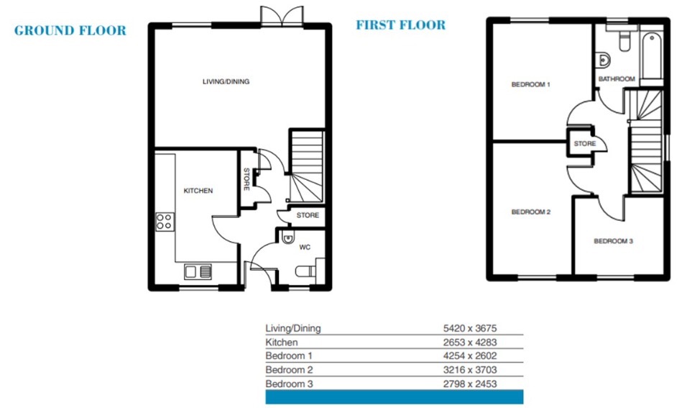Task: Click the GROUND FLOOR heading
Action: pyautogui.click(x=70, y=30)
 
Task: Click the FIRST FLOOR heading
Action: pyautogui.click(x=400, y=24)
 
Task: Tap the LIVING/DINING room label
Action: pyautogui.click(x=226, y=81)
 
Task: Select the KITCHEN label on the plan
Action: pyautogui.click(x=198, y=191)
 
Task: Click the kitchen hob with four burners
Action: pyautogui.click(x=165, y=221)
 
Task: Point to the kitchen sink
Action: pyautogui.click(x=198, y=272)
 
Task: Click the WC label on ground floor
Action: pyautogui.click(x=305, y=248)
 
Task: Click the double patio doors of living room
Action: pyautogui.click(x=282, y=16)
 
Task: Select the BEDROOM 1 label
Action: pyautogui.click(x=530, y=84)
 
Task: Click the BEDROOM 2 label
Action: pyautogui.click(x=530, y=212)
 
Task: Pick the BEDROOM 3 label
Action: pyautogui.click(x=613, y=241)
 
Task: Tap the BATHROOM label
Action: pyautogui.click(x=617, y=79)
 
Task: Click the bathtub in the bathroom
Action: pyautogui.click(x=651, y=55)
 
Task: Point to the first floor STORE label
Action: pyautogui.click(x=584, y=144)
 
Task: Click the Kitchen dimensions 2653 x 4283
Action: pyautogui.click(x=470, y=343)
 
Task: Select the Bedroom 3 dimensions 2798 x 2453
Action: pyautogui.click(x=470, y=384)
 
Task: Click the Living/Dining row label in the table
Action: pyautogui.click(x=293, y=328)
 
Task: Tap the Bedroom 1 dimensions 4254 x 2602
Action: pyautogui.click(x=470, y=355)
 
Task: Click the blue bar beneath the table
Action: pyautogui.click(x=395, y=397)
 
